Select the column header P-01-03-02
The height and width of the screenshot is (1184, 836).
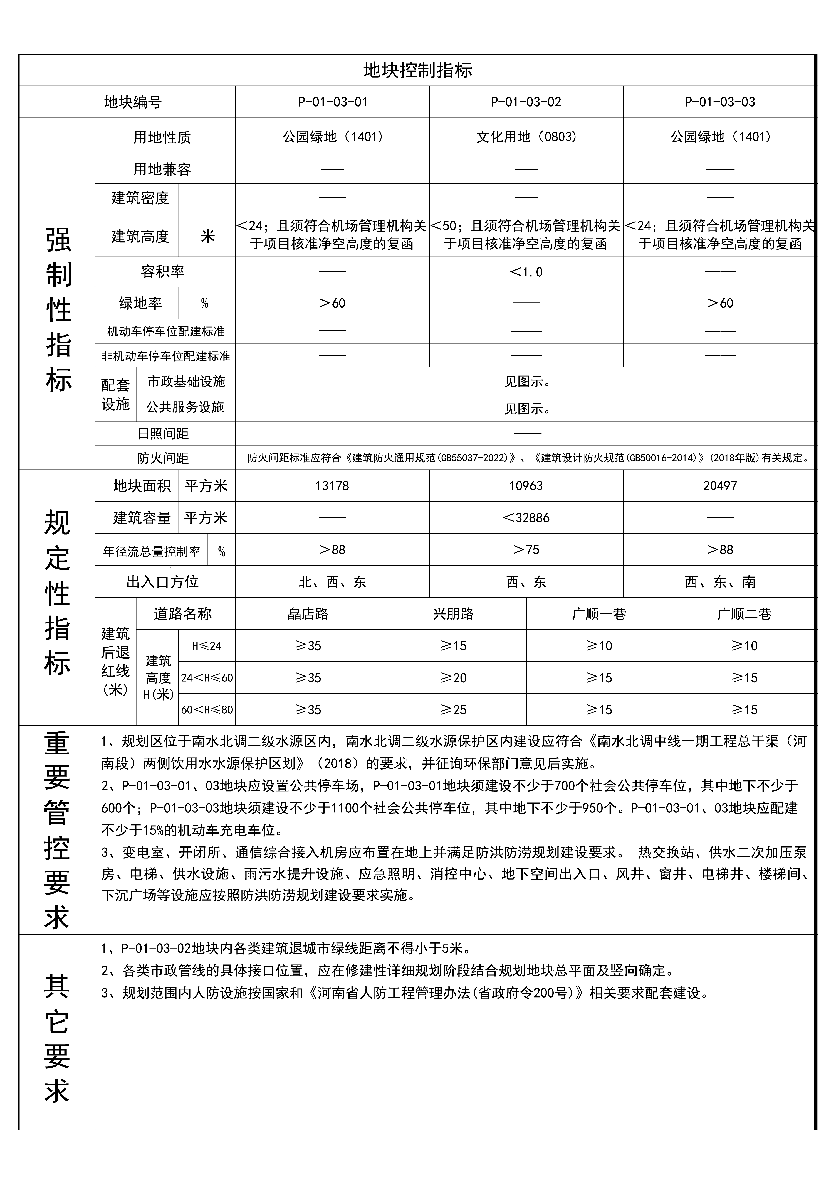(x=526, y=102)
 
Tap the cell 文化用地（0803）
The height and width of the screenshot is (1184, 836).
(x=526, y=137)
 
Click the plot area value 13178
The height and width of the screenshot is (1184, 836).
(x=332, y=486)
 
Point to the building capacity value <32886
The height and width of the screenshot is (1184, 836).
(x=526, y=518)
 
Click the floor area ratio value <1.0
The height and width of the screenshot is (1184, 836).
(x=526, y=272)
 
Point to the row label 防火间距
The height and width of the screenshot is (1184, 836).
(x=163, y=458)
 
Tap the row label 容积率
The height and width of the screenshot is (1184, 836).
(x=163, y=272)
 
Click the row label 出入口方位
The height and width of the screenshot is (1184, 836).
(x=163, y=582)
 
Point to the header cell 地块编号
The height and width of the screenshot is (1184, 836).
(x=133, y=102)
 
